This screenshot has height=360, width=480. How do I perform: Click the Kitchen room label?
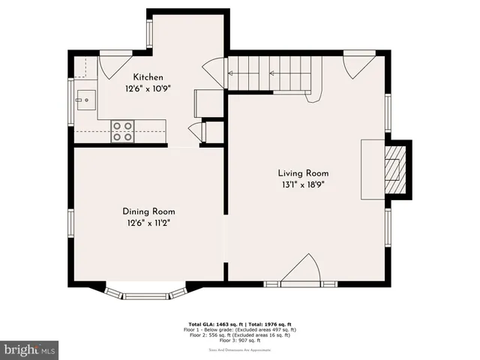[x=148, y=77]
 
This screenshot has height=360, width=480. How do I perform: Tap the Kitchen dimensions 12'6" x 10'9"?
[x=148, y=88]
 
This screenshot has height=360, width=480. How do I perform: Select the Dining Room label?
[x=148, y=211]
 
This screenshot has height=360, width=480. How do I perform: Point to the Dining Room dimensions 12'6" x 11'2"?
[x=148, y=223]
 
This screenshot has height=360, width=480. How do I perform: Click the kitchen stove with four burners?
[x=122, y=131]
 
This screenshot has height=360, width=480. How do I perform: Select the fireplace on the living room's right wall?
[x=394, y=169]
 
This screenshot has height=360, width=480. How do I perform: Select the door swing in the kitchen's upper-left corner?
[x=112, y=66]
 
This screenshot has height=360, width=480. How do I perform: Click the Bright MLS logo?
[x=29, y=349]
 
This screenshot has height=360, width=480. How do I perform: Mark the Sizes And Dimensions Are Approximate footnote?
[x=240, y=349]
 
